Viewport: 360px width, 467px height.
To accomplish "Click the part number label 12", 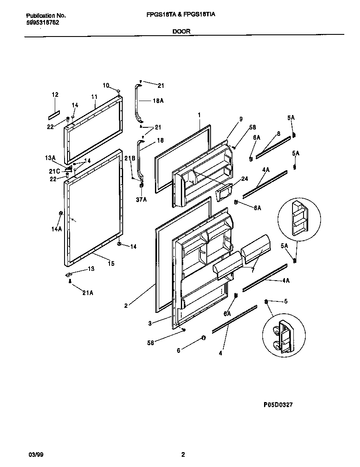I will click(55, 95).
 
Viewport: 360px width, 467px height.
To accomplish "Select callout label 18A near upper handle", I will click(158, 101).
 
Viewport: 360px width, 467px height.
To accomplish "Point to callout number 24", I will click(244, 179).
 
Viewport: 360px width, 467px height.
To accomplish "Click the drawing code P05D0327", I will click(275, 405).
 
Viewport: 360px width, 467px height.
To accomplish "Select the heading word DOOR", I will click(182, 31).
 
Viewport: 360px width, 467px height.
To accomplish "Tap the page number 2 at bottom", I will click(183, 455).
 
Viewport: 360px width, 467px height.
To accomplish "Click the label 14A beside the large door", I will click(56, 229).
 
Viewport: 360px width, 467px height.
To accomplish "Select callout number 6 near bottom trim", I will click(178, 350).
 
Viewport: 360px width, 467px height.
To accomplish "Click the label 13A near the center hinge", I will click(51, 158).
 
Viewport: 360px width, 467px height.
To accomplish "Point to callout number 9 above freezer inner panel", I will click(241, 120).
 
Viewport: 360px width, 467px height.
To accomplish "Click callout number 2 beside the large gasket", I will click(126, 305).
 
